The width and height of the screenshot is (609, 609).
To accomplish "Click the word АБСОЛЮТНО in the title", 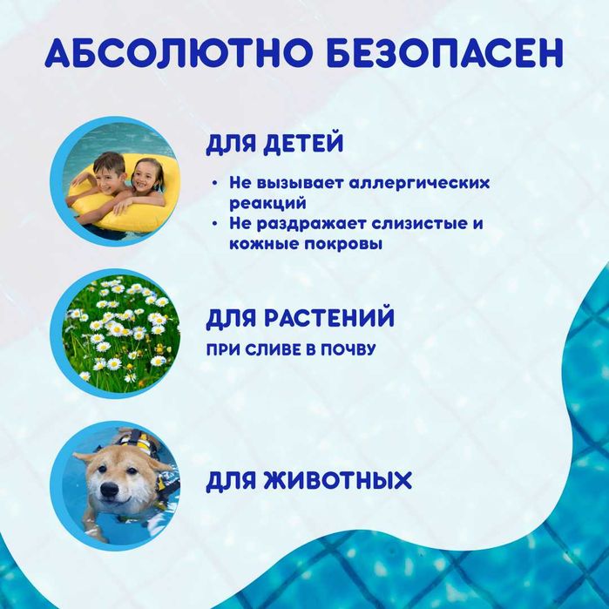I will (x=173, y=54).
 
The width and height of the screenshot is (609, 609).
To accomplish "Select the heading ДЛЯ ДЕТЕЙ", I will (x=274, y=143).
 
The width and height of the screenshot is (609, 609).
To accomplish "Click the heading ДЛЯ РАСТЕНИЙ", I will (x=301, y=317).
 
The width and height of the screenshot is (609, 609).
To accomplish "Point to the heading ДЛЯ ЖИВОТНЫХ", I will (x=308, y=480).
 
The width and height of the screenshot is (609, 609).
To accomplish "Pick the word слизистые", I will (x=416, y=224).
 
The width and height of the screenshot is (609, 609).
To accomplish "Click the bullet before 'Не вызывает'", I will (x=214, y=185).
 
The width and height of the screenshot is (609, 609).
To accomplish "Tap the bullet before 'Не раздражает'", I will (x=214, y=225).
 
